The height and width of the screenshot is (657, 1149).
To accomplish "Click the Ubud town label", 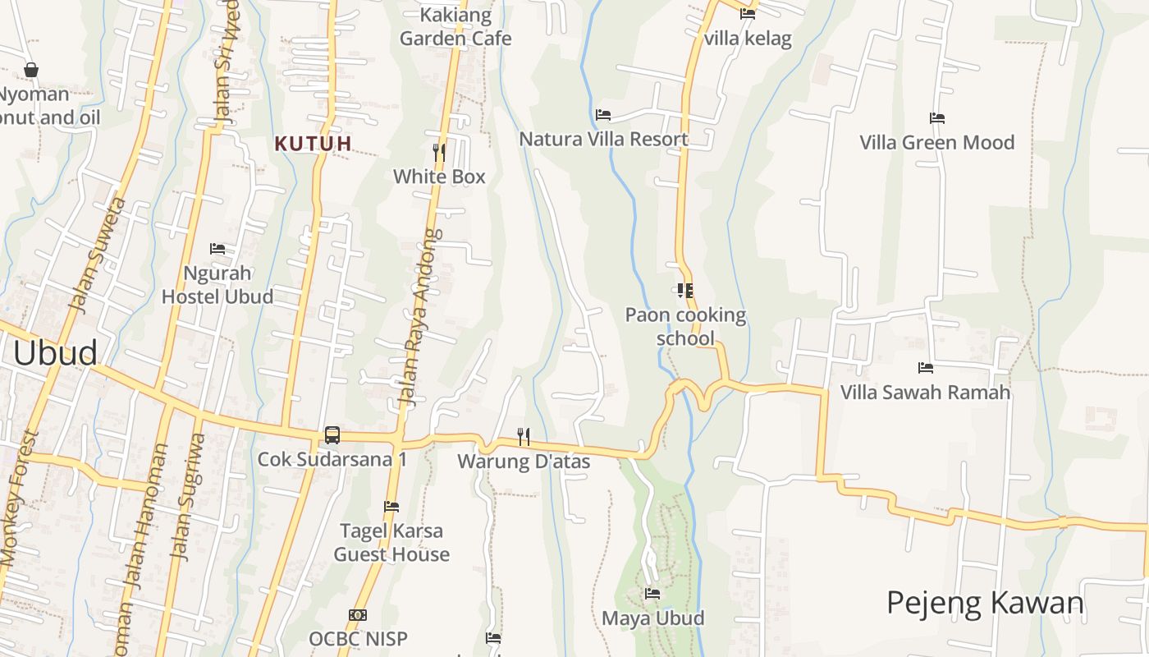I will (55, 352).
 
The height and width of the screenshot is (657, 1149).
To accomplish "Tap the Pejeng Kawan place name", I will (985, 603).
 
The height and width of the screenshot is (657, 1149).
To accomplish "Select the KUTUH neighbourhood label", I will (314, 144).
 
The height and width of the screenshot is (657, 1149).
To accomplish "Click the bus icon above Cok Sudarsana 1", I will (332, 435).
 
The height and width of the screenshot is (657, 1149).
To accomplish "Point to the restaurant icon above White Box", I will (439, 152).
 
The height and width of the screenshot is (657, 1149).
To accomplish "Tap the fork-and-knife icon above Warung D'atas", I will (523, 436).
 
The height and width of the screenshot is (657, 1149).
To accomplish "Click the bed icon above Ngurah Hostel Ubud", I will (217, 248).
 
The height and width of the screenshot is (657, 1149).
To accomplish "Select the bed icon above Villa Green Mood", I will (936, 118).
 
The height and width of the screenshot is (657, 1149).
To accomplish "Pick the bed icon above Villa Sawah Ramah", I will (926, 367).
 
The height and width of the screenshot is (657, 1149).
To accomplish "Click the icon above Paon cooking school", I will (685, 290).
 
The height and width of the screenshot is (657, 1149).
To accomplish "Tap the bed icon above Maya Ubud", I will (652, 593).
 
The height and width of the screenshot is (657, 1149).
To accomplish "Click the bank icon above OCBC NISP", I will (358, 614).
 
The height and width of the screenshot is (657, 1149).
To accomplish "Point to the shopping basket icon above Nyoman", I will (31, 70).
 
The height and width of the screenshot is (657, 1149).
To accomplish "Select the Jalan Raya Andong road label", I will (420, 316).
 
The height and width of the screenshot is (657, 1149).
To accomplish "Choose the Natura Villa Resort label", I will (604, 139).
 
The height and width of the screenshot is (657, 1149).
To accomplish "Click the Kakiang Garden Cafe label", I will (455, 26).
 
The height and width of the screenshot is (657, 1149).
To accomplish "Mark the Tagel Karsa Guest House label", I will (391, 542).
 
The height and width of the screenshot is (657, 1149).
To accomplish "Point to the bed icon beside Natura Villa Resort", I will (603, 115).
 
